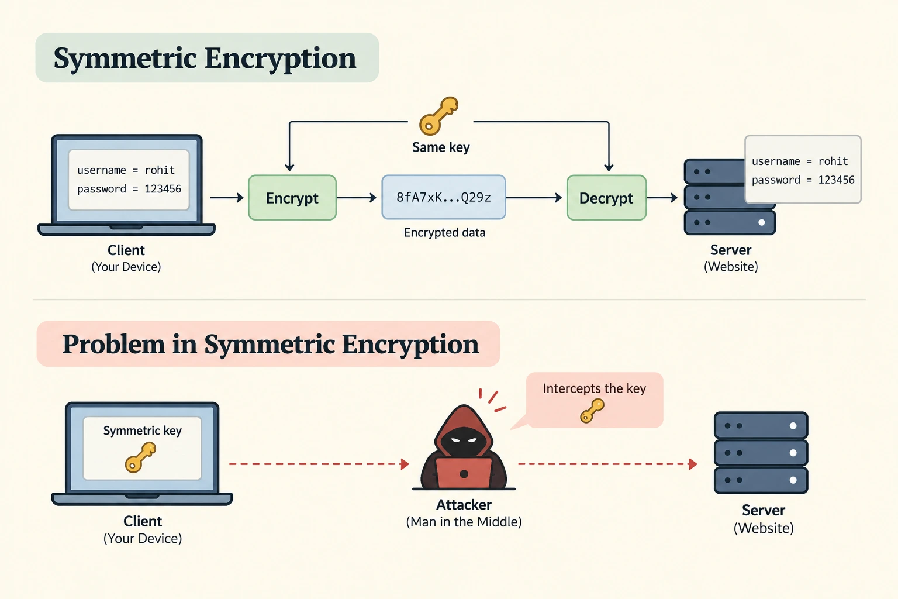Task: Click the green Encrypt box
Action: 292,197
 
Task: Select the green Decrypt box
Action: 606,197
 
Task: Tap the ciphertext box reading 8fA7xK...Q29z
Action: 444,197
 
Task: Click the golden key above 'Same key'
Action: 438,116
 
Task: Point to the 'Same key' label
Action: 441,147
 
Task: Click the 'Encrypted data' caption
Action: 444,233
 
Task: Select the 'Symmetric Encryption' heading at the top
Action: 205,58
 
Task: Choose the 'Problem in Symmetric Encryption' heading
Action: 271,344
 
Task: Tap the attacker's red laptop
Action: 464,473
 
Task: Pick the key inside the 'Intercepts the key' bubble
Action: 592,411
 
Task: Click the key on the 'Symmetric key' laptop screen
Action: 140,457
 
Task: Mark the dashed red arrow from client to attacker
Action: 319,464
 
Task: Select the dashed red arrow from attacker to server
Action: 608,464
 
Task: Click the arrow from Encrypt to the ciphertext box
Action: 357,197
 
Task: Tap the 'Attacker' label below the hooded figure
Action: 464,505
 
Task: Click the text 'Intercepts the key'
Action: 595,388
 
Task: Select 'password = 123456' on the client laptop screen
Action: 129,188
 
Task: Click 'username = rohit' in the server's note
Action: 800,161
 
